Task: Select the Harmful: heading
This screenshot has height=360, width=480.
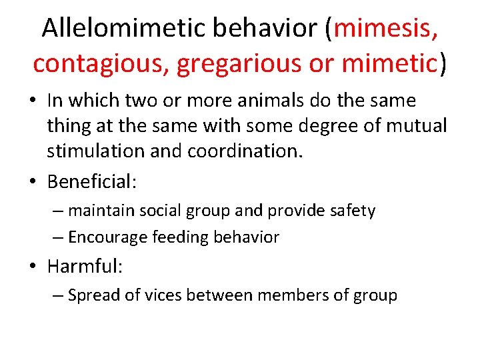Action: pos(85,267)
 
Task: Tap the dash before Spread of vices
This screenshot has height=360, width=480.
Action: pos(59,295)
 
